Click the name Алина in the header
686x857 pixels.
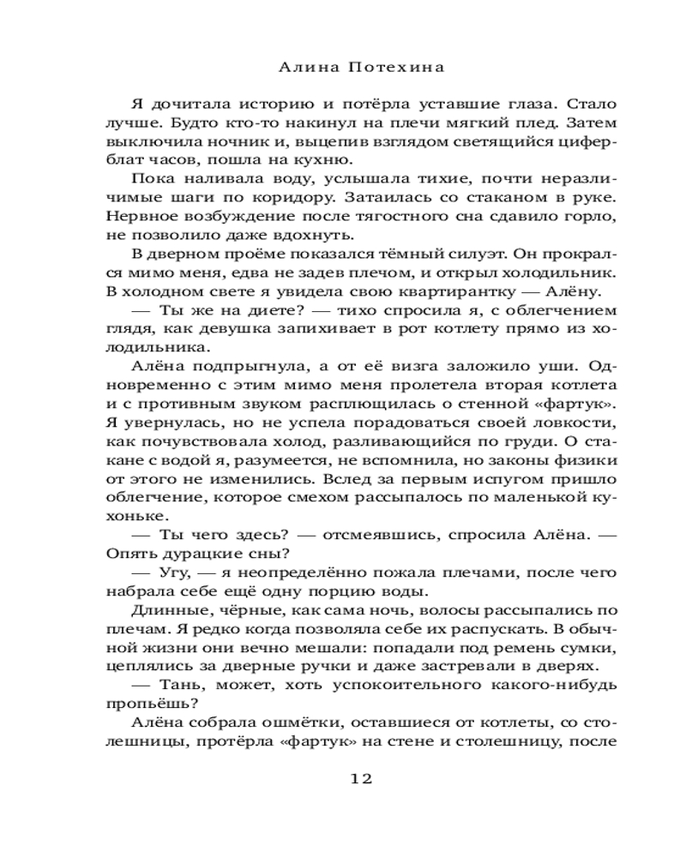tap(305, 66)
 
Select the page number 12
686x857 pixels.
tap(361, 778)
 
